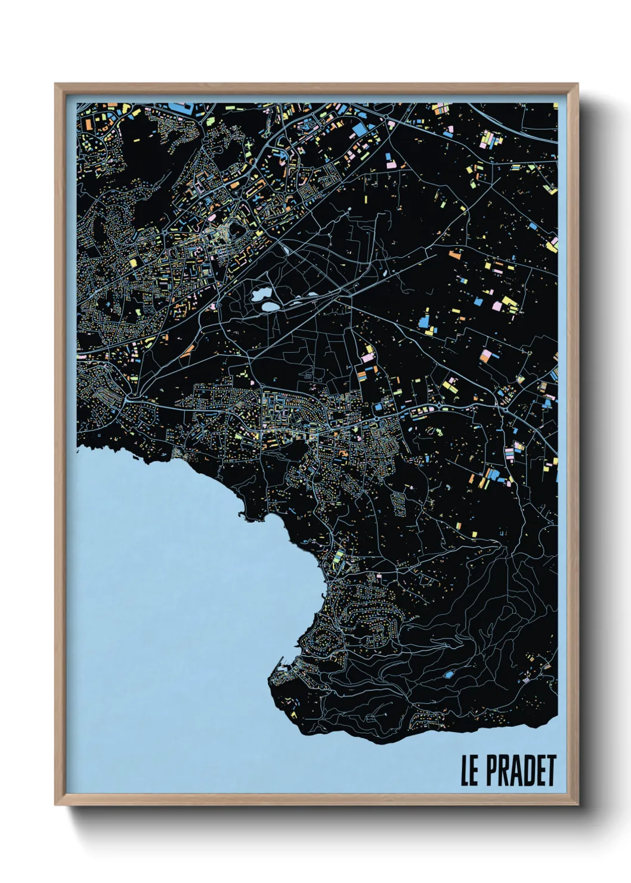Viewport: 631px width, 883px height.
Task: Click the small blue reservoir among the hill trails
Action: [447, 675]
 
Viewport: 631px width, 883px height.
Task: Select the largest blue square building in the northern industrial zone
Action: [360, 130]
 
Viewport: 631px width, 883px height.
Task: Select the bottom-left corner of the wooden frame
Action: [56, 804]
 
